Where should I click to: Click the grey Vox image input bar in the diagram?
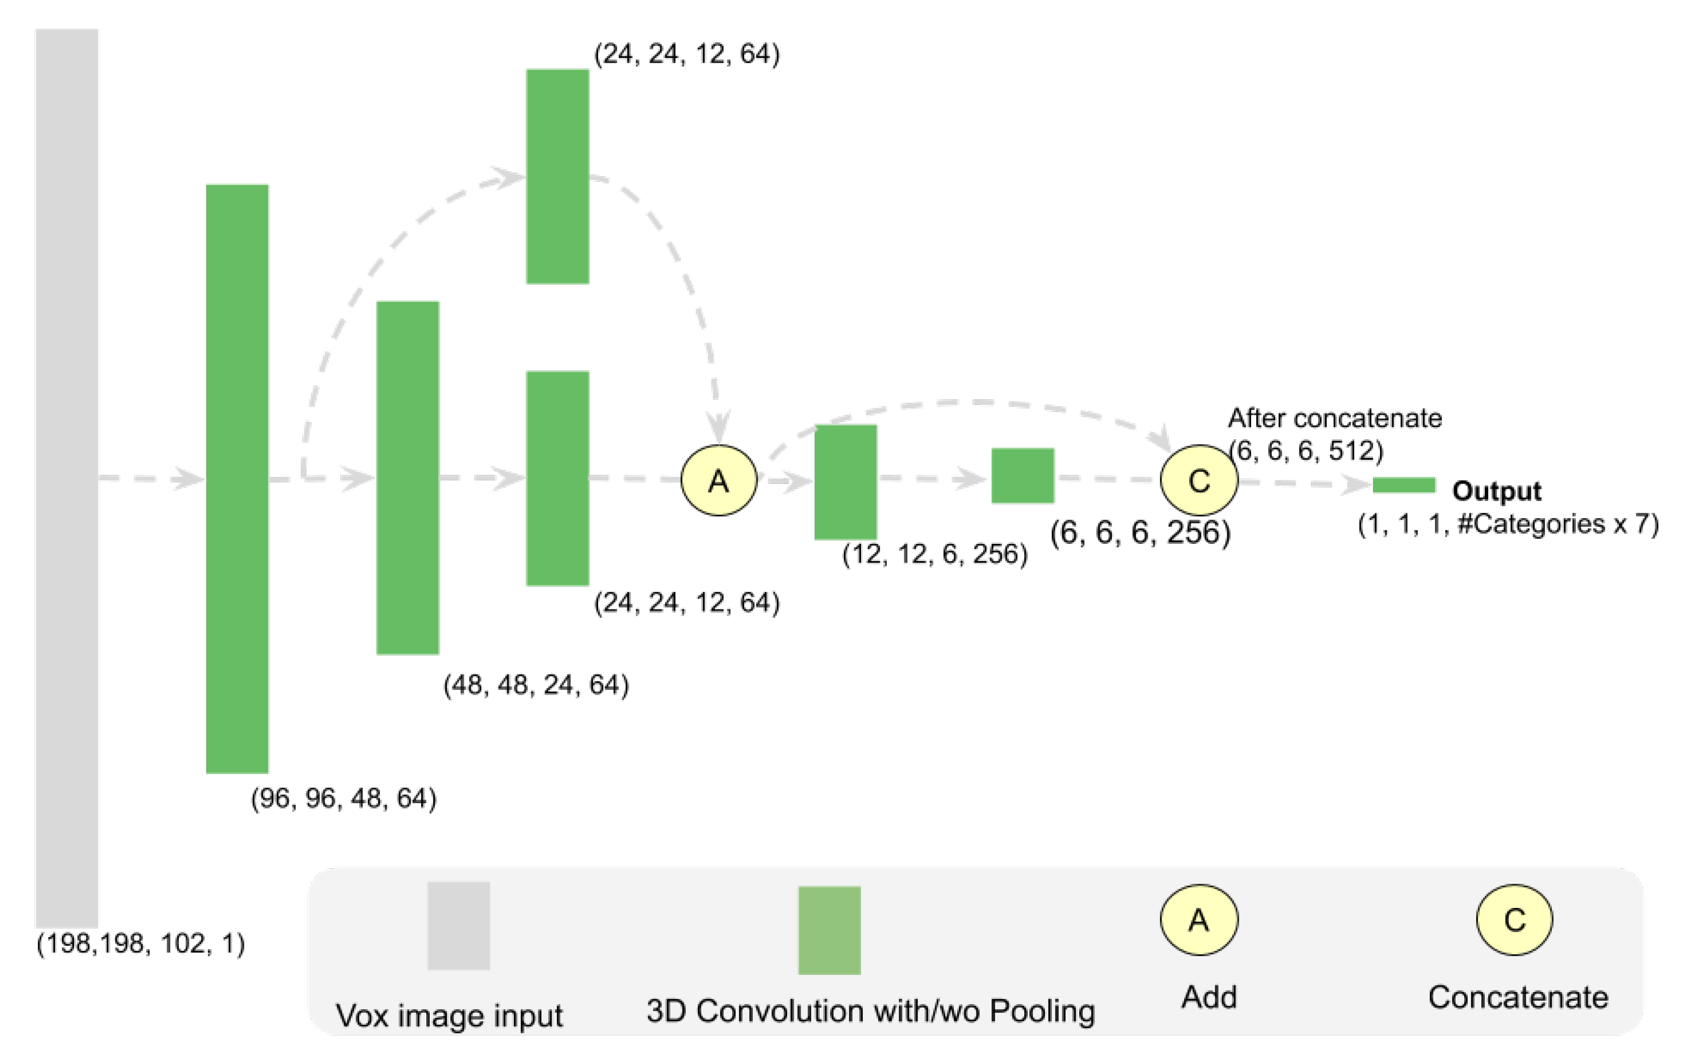point(67,478)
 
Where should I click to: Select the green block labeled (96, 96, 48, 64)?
point(237,478)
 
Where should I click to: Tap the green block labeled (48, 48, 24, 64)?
point(408,478)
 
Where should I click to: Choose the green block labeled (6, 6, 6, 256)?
point(1022,475)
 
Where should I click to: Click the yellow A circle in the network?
point(719,480)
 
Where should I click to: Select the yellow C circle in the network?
point(1199,480)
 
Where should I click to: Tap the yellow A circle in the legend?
point(1199,920)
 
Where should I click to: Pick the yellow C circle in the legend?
point(1515,920)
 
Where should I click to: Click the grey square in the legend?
point(459,926)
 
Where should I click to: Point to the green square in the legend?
point(829,931)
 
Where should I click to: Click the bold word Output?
point(1496,491)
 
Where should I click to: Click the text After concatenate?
point(1335,418)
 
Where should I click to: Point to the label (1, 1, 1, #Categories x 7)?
point(1509,524)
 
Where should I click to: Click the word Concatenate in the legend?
point(1518,998)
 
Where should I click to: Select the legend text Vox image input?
point(449,1016)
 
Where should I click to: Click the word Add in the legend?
point(1209,998)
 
